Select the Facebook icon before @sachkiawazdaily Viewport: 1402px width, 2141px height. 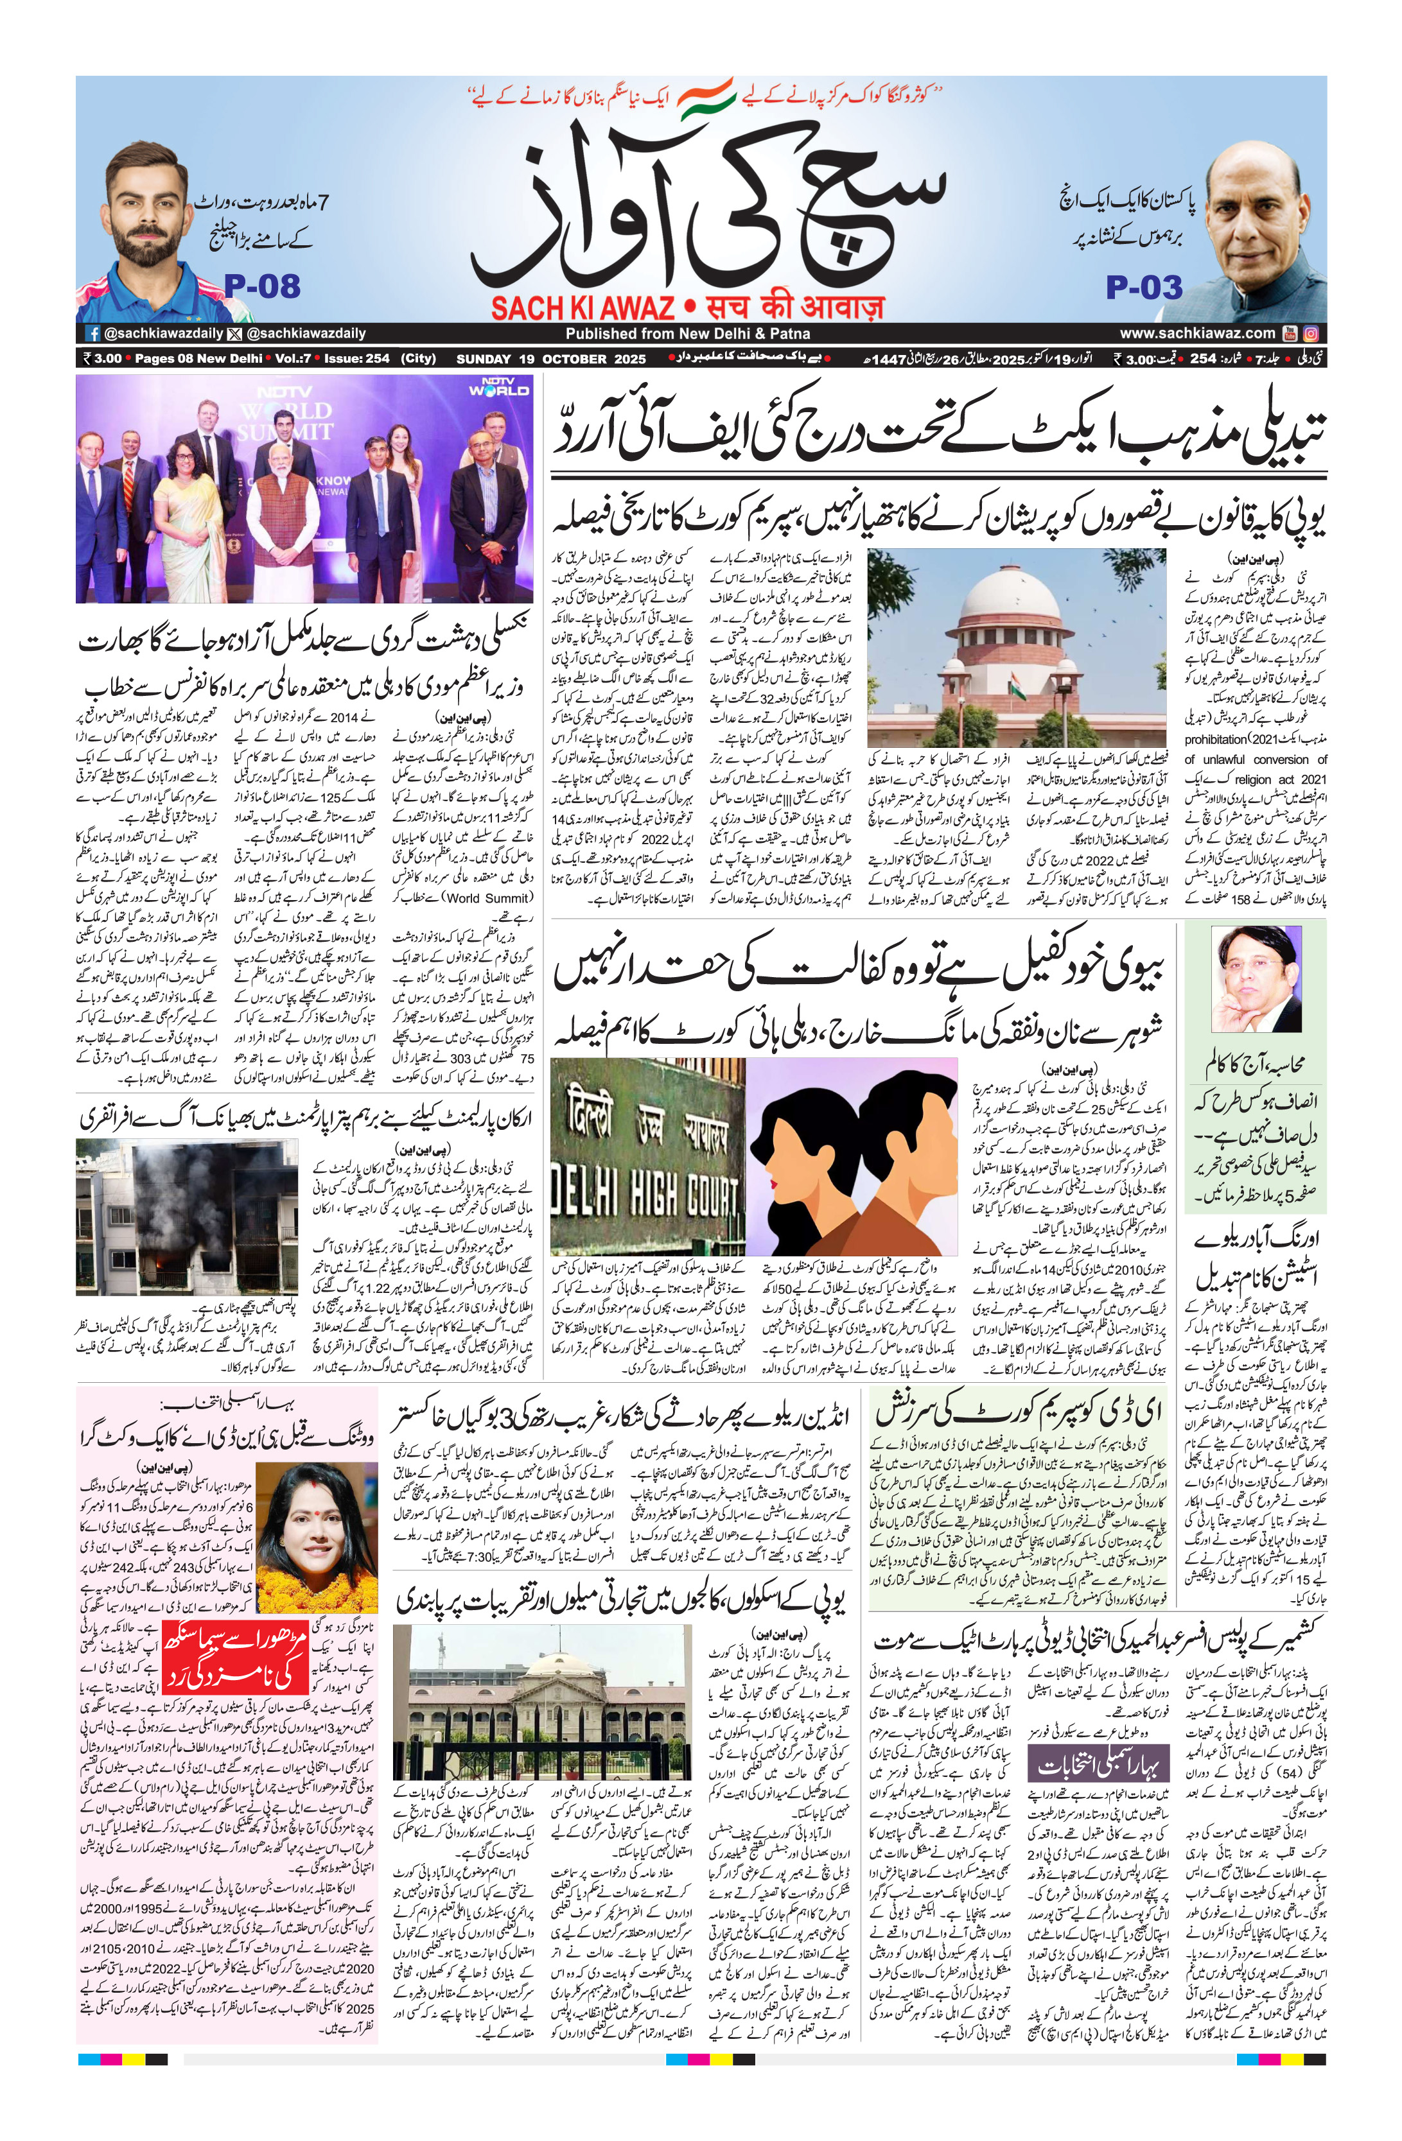coord(92,334)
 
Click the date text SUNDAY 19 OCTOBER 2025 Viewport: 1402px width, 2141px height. coord(551,359)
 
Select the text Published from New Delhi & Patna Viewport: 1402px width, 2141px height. coord(687,334)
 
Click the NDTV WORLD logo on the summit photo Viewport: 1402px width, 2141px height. coord(498,387)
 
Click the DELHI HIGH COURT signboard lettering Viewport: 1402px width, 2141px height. coord(646,1195)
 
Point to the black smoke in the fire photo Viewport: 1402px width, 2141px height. coord(180,1188)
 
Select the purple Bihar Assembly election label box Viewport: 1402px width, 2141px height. coord(1098,1766)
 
